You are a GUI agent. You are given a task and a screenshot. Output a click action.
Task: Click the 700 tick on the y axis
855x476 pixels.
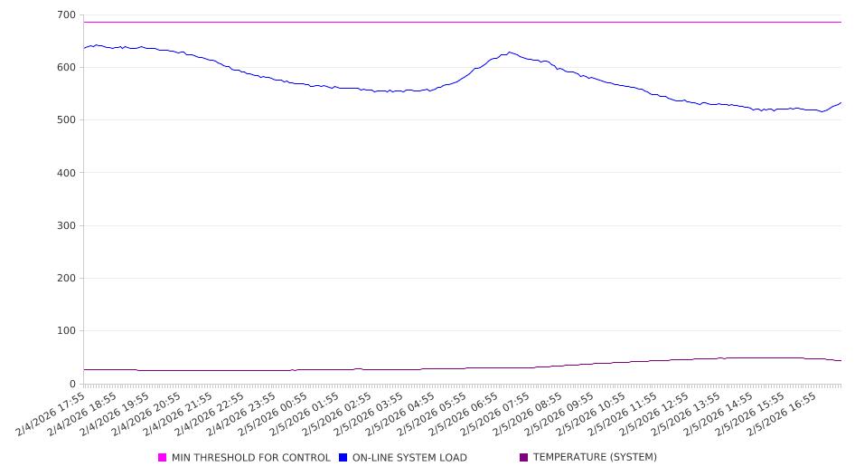click(x=66, y=14)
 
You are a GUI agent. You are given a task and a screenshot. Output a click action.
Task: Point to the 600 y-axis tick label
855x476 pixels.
click(x=66, y=67)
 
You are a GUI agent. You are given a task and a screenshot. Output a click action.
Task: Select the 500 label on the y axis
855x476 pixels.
click(x=66, y=119)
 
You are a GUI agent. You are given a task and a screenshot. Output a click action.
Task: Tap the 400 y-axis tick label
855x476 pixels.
click(x=66, y=172)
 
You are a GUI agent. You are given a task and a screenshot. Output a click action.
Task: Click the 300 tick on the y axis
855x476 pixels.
click(x=66, y=225)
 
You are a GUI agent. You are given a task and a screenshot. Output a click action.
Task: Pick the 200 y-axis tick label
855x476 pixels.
click(x=66, y=278)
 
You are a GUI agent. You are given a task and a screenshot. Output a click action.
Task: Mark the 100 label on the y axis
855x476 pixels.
click(x=66, y=330)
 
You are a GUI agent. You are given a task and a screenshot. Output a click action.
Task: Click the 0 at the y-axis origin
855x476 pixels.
click(x=72, y=384)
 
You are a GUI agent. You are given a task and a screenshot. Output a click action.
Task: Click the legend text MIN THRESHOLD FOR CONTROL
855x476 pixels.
click(x=250, y=458)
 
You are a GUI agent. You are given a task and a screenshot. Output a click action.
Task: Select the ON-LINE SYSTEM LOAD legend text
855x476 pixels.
click(x=409, y=458)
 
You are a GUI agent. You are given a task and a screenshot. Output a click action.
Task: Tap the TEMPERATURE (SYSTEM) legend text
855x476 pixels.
click(x=595, y=458)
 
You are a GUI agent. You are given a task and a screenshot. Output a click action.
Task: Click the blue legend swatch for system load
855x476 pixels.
click(x=343, y=458)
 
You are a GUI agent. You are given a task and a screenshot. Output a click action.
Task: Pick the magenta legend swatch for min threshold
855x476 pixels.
click(x=163, y=458)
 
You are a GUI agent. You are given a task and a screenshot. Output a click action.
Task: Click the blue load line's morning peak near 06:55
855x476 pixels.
click(x=510, y=52)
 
